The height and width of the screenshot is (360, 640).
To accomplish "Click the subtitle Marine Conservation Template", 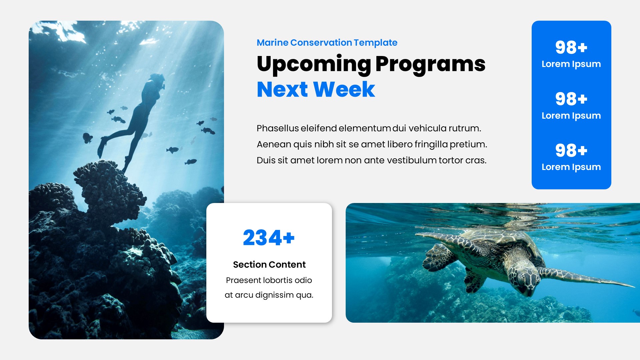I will pyautogui.click(x=327, y=43).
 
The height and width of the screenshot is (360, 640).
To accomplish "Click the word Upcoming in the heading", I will pyautogui.click(x=314, y=64).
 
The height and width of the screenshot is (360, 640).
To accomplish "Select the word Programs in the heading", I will pyautogui.click(x=430, y=64).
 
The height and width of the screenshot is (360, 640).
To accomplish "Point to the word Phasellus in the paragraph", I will pyautogui.click(x=278, y=128).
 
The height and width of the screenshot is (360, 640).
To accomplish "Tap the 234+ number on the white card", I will pyautogui.click(x=269, y=238).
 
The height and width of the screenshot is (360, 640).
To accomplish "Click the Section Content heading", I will pyautogui.click(x=269, y=265).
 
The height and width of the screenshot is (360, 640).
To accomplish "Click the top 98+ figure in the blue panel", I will pyautogui.click(x=571, y=47).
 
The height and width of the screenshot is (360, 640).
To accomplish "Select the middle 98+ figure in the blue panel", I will pyautogui.click(x=571, y=99).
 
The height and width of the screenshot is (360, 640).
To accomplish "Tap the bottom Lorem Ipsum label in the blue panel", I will pyautogui.click(x=571, y=167).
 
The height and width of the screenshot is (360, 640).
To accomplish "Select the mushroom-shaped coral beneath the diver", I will pyautogui.click(x=107, y=187).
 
